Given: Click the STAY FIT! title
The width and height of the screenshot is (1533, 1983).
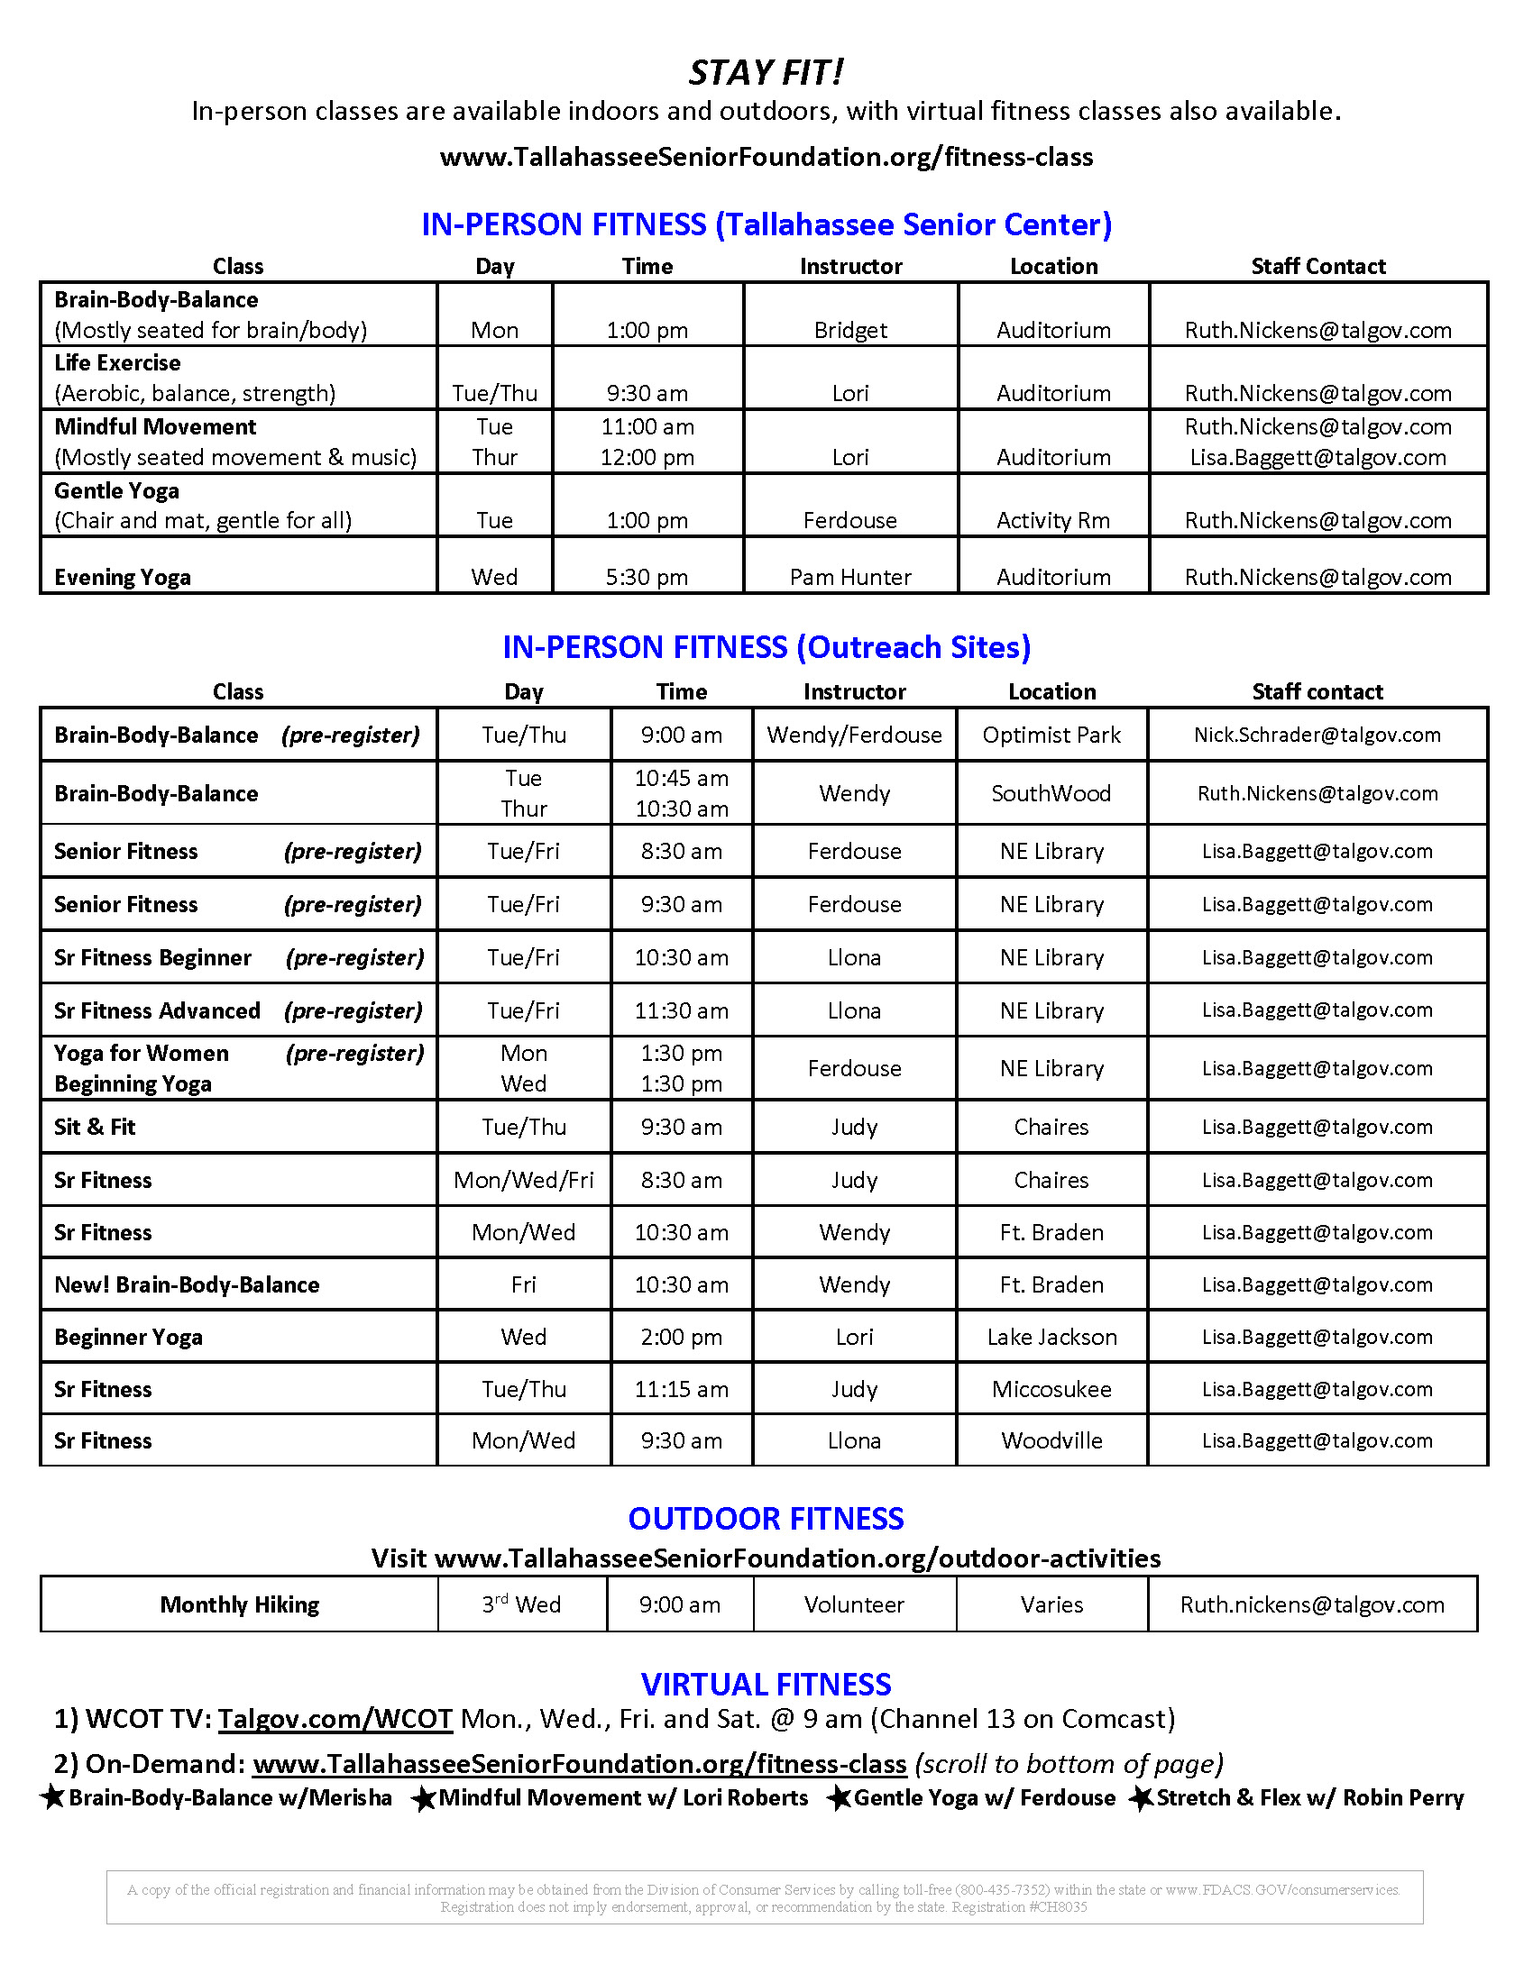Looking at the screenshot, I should tap(766, 73).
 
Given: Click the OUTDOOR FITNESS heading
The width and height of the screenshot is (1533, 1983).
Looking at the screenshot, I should tap(766, 1518).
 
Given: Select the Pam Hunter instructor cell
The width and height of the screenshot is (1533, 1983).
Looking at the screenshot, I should tap(850, 577).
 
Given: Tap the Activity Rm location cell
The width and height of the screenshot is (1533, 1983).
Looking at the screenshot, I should tap(1052, 520).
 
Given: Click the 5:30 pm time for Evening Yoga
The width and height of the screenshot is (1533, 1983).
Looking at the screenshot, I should tap(647, 577).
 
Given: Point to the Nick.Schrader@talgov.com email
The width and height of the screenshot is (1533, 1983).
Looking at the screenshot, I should tap(1317, 735).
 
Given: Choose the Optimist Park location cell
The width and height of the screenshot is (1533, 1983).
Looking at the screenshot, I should tap(1051, 735).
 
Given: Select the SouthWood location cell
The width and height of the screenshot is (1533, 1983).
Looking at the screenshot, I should tap(1051, 793).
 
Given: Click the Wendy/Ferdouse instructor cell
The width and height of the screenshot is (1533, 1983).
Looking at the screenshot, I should tap(854, 735).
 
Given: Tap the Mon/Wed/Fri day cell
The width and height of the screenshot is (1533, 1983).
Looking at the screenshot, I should tap(523, 1180).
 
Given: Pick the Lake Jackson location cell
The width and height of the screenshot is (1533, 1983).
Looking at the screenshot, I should tap(1051, 1337).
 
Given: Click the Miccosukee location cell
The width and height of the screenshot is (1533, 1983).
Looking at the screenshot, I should tap(1051, 1389).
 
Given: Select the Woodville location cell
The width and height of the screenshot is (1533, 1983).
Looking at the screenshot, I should tap(1051, 1441).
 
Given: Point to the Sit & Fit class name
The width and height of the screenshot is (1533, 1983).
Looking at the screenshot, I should tap(95, 1127).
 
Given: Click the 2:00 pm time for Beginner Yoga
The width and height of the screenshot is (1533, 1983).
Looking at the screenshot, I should tap(681, 1337).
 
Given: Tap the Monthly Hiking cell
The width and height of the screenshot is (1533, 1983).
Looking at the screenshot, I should tap(239, 1604).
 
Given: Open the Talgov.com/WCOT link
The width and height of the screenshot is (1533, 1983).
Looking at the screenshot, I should tap(335, 1719).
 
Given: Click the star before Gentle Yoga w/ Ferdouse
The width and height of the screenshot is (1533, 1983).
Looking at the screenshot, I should tap(840, 1798).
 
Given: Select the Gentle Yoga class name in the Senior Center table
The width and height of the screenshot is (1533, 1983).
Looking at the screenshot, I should tap(116, 491).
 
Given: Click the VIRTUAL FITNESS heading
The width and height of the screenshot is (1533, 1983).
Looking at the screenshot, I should tap(766, 1685).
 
